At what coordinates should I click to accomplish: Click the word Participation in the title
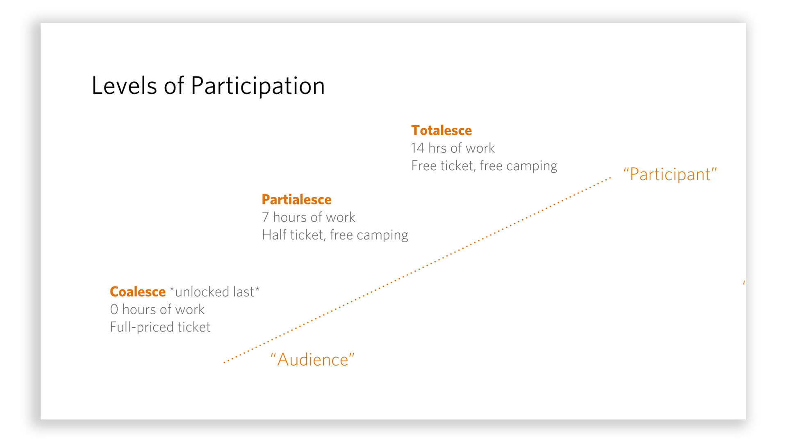[258, 87]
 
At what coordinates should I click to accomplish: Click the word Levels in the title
[124, 86]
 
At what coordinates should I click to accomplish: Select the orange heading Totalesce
[441, 131]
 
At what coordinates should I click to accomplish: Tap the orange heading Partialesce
[296, 200]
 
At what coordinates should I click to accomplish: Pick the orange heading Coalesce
[138, 292]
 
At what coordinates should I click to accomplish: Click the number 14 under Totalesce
[418, 148]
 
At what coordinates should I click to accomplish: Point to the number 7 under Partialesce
[265, 217]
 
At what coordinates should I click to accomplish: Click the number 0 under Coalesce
[114, 309]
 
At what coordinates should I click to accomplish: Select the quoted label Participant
[670, 174]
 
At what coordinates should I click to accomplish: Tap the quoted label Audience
[312, 360]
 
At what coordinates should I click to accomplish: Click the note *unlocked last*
[215, 292]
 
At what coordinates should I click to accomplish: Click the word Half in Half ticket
[272, 235]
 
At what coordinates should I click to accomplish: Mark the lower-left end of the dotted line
[224, 362]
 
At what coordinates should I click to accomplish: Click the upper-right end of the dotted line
[610, 178]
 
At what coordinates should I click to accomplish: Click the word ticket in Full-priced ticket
[194, 327]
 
